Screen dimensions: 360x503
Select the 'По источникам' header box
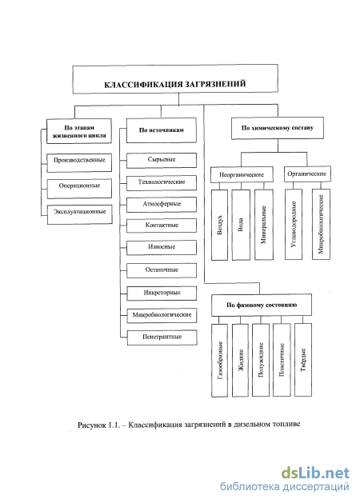pos(162,130)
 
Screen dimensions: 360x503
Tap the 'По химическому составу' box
pos(278,128)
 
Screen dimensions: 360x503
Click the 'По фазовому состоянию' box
pos(262,305)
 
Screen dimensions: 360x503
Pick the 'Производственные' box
pos(79,162)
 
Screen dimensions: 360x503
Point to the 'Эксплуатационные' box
pos(79,214)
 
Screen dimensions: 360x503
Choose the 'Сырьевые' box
pos(162,160)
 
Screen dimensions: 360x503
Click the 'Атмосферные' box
pos(162,205)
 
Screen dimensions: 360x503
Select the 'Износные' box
pos(162,248)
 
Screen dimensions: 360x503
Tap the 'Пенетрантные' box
pos(162,337)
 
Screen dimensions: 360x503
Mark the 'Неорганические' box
pos(242,174)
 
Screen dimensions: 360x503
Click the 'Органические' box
pos(307,174)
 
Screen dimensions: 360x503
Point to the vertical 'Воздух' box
pos(219,225)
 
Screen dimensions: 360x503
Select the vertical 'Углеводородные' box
pos(294,224)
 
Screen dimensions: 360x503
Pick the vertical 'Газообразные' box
pos(219,360)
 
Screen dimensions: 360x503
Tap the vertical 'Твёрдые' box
pos(303,360)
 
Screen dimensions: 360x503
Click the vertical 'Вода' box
pos(241,225)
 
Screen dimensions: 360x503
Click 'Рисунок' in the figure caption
pos(91,425)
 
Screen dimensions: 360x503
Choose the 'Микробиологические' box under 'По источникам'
pos(162,315)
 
